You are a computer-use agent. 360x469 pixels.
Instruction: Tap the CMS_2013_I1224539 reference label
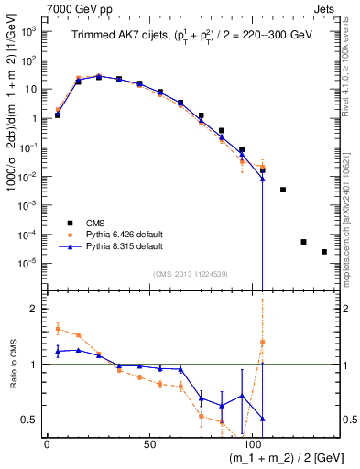[191, 272]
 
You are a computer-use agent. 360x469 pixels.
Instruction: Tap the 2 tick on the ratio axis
[34, 310]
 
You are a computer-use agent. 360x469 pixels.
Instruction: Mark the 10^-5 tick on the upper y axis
[28, 264]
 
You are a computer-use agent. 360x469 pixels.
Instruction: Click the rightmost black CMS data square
[323, 252]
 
